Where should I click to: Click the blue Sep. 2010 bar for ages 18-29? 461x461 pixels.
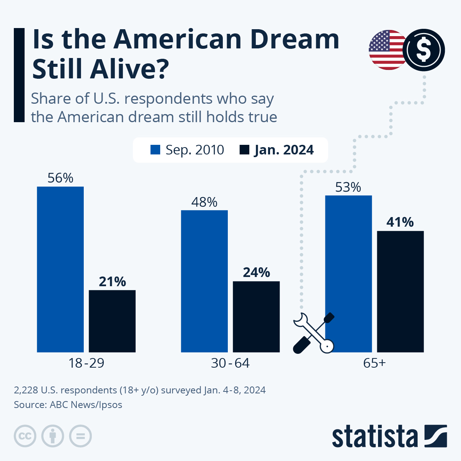[x=60, y=269]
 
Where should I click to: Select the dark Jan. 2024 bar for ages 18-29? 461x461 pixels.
[x=112, y=321]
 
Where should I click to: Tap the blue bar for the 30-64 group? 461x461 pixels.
[x=204, y=281]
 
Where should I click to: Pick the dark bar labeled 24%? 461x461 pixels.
[x=256, y=317]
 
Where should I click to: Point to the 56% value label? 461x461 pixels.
[x=60, y=178]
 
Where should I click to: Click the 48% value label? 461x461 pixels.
[x=204, y=202]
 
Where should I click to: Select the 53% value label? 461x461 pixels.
[x=348, y=187]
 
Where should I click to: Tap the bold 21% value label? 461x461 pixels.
[x=112, y=282]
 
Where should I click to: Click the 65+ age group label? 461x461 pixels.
[x=374, y=363]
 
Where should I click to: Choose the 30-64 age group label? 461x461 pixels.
[x=230, y=363]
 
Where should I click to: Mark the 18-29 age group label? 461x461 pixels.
[x=86, y=363]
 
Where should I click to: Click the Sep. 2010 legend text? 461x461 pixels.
[x=194, y=150]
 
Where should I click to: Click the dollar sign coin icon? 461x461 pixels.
[x=424, y=50]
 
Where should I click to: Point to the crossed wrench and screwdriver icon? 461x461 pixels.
[x=313, y=333]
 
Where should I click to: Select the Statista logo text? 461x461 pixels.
[x=375, y=436]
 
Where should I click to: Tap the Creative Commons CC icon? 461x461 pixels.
[x=25, y=436]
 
